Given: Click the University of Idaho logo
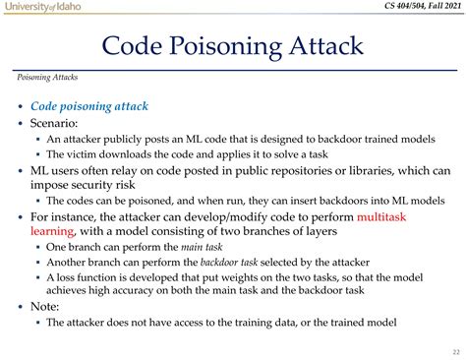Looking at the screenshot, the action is coord(41,7).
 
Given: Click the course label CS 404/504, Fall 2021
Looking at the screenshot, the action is coord(412,8).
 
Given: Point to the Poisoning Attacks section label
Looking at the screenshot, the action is coord(48,77).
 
